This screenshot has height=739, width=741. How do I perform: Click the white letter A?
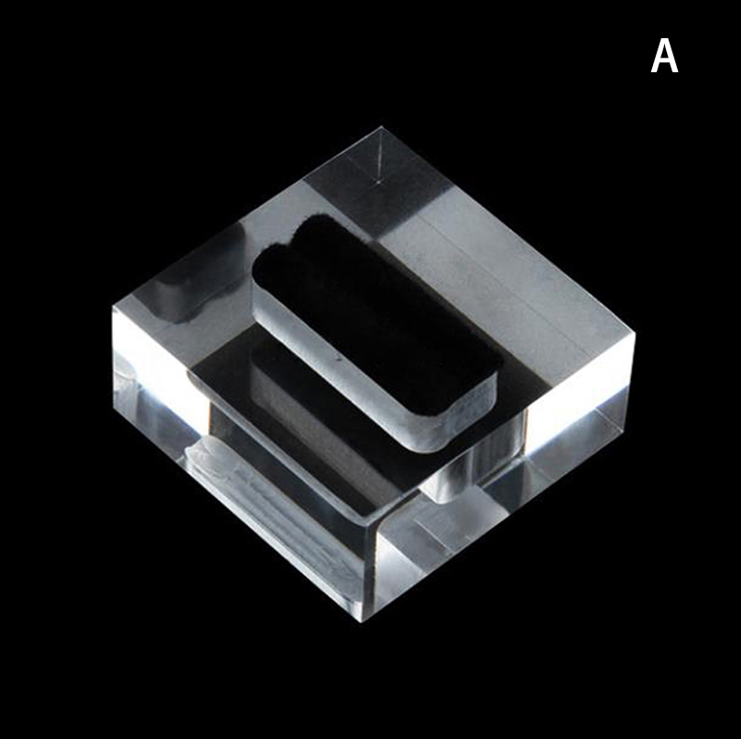[x=664, y=56]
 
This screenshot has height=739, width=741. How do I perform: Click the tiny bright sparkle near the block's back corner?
[x=378, y=180]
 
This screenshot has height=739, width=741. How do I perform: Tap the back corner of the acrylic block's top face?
[x=382, y=127]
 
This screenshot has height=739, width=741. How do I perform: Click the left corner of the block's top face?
[x=114, y=306]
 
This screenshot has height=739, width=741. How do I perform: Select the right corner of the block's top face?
[x=634, y=333]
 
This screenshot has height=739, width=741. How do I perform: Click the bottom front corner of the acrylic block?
[x=366, y=622]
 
